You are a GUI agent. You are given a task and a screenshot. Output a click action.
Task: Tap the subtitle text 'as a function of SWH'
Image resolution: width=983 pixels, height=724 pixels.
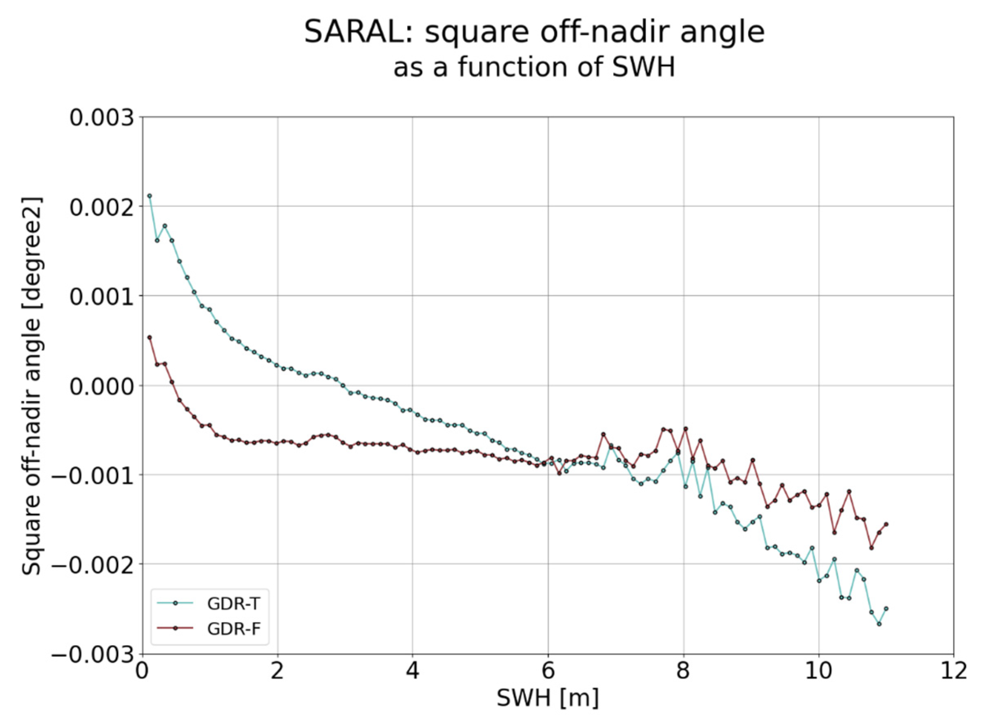pos(534,67)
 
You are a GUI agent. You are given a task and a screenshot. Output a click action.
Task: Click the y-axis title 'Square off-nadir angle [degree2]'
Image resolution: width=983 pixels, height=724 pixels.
pos(31,386)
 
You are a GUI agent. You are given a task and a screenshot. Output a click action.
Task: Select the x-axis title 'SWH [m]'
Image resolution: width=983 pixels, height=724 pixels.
pos(547,697)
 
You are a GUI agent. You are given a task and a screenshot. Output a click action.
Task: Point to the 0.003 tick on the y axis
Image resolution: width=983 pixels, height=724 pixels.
pos(101,118)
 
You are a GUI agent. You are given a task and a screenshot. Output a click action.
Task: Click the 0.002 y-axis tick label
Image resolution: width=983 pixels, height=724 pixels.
pos(101,207)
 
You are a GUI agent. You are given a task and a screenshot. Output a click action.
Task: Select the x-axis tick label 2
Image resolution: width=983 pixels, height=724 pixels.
pos(277,671)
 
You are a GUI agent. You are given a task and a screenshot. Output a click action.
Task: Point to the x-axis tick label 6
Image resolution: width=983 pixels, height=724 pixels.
pos(548,671)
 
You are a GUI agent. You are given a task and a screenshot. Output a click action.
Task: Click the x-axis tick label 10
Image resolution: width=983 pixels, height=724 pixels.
pos(818,671)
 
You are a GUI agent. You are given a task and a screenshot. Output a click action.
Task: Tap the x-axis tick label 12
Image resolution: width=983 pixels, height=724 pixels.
pos(953,671)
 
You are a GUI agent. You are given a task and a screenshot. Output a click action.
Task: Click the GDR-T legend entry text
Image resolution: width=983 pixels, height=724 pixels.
pos(234,604)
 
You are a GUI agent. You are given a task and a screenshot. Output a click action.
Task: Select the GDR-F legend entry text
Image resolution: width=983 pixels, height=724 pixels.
pos(234,629)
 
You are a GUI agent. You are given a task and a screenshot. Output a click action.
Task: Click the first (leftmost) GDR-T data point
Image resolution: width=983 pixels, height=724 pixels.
pos(149,196)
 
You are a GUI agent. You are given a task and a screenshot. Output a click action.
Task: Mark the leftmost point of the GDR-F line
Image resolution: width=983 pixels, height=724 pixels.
pos(149,338)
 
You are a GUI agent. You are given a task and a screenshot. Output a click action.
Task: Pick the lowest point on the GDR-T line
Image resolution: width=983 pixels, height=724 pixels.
pos(878,624)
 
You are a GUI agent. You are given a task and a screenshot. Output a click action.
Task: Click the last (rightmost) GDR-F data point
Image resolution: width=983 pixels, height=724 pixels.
pos(886,524)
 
